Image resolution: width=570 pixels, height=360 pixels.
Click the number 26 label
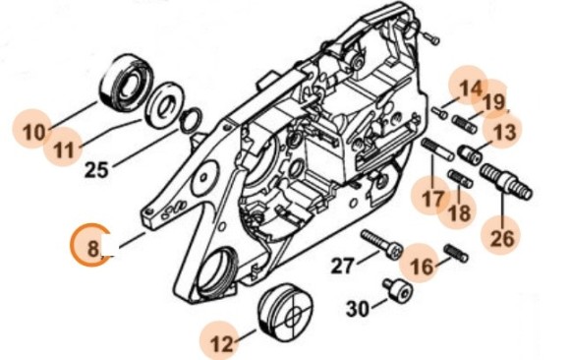tap(501, 237)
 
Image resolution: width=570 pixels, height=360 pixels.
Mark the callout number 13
tap(504, 132)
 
